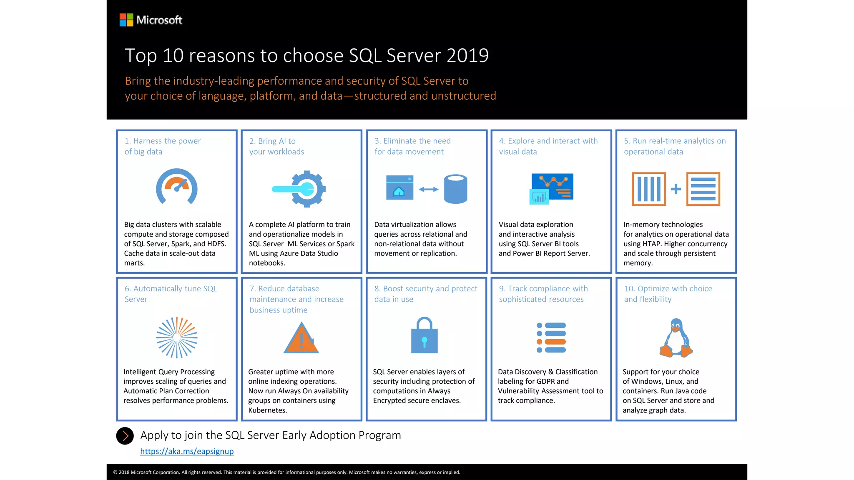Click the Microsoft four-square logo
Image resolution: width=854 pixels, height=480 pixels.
pos(126,20)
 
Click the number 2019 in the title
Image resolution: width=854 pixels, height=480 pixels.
pos(467,55)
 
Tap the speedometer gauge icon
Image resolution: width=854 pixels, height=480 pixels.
pos(177,187)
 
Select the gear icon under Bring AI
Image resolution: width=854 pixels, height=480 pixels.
pos(308,189)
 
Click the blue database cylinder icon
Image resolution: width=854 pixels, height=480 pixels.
pos(455,189)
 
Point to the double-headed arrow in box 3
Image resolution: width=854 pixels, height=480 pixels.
pos(429,189)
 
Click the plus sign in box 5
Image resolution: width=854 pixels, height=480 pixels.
pos(676,189)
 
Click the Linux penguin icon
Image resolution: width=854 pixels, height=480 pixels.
pos(676,338)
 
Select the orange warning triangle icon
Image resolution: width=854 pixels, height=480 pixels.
pos(301,338)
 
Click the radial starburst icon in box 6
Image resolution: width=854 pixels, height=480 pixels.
pos(177,337)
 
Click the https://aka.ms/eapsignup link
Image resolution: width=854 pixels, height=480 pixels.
pos(187,451)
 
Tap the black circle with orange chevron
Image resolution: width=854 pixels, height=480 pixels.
pos(125,436)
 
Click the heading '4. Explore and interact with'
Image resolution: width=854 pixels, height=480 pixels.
pos(548,141)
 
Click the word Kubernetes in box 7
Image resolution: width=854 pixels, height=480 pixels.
pos(267,410)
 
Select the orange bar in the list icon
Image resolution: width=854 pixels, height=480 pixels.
pos(555,342)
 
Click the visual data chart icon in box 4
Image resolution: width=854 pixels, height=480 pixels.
pos(551,188)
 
